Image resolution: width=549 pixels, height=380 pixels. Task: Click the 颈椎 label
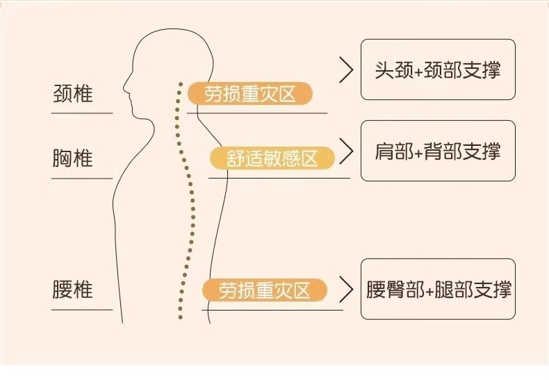point(72,94)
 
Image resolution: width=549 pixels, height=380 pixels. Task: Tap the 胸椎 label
point(72,159)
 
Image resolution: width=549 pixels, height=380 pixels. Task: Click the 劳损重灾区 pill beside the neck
point(248,94)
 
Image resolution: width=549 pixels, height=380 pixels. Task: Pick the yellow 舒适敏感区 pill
point(272,159)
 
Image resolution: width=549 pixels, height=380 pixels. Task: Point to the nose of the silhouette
point(124,88)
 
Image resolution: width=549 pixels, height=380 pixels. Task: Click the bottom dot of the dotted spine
point(180,317)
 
